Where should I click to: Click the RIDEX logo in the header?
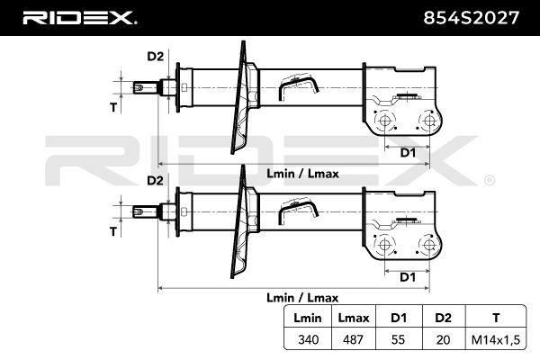pos(78,17)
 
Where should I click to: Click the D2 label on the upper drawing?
pos(155,58)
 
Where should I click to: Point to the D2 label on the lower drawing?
pos(155,181)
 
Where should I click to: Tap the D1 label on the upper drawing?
pos(408,153)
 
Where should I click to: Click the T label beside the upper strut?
pos(113,108)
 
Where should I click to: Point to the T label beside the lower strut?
pos(113,231)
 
